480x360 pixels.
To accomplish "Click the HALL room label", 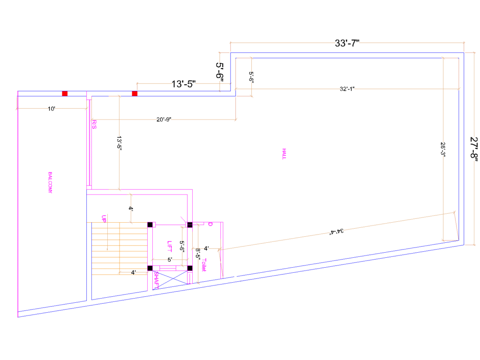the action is pos(284,154).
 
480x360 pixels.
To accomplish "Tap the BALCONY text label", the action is pos(50,182).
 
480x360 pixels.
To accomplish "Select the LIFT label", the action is pos(170,246).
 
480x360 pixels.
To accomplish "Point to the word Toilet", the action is pos(204,265).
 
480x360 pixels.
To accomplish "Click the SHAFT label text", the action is pos(156,280).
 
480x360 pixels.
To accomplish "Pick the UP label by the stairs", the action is pos(104,219).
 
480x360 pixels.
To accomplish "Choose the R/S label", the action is pos(94,125).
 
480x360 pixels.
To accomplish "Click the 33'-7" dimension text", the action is pos(347,43).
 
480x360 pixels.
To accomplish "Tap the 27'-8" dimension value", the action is pos(474,148).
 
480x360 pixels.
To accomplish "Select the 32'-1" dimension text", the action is pos(347,89).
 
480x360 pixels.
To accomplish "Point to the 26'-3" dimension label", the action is pos(443,149).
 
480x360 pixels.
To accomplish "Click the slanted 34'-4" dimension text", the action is pos(337,231).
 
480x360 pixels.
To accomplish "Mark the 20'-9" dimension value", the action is pos(164,120).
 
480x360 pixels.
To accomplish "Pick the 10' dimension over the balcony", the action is pos(52,109).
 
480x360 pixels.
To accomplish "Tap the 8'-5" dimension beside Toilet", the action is pos(198,254).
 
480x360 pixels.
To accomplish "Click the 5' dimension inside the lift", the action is pos(170,260).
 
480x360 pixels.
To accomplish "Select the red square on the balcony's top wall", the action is pos(65,94).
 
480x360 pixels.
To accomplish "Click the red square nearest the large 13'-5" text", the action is pos(135,94).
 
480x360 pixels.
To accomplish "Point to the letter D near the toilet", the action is pos(210,225).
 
